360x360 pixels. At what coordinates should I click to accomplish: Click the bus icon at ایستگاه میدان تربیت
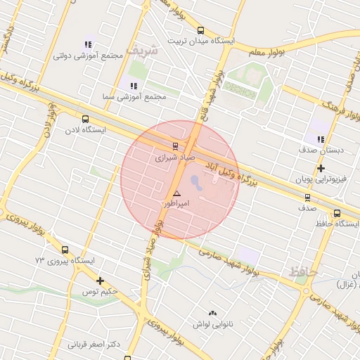201,30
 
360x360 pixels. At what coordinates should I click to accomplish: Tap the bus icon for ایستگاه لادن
86,119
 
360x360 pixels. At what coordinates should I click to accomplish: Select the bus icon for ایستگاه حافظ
337,213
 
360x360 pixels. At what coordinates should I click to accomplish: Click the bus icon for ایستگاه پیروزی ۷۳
65,250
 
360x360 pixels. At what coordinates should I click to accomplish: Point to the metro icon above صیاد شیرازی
174,146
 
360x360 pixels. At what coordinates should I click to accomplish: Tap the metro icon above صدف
307,198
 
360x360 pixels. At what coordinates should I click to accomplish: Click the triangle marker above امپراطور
176,193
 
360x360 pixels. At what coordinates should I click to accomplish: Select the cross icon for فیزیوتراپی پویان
321,168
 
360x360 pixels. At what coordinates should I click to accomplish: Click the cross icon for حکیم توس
100,281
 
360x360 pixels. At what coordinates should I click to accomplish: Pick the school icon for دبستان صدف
321,139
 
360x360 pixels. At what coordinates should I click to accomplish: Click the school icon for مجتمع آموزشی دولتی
88,44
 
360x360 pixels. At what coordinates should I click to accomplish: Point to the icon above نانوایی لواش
212,313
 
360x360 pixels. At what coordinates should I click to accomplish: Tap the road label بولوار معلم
267,50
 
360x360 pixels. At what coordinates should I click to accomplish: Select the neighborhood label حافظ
303,271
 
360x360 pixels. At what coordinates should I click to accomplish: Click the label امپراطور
176,203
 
